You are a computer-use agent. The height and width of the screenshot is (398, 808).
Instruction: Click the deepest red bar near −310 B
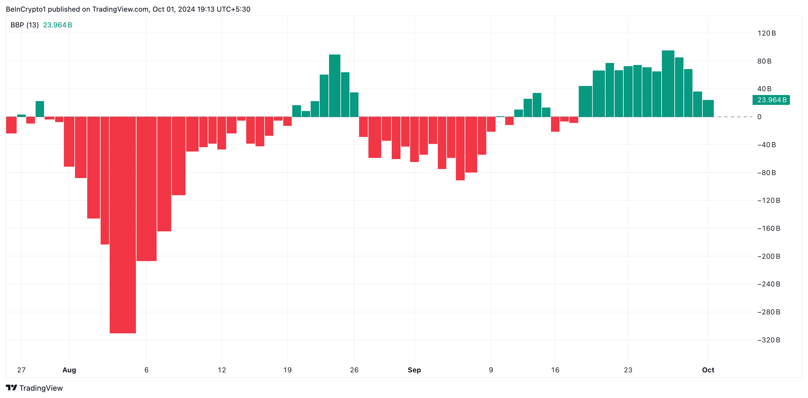pos(123,224)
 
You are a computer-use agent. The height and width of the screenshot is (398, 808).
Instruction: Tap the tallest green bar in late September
pos(668,84)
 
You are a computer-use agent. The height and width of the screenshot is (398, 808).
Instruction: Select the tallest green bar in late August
pos(334,86)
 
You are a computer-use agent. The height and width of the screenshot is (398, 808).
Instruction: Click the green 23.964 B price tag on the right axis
pos(771,100)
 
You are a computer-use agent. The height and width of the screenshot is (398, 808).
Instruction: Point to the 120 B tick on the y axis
pos(766,33)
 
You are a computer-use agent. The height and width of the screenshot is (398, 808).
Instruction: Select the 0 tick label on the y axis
pos(759,117)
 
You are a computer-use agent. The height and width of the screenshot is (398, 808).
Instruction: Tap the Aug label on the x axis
pos(69,370)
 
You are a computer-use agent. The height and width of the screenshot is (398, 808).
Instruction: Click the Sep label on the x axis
pos(414,370)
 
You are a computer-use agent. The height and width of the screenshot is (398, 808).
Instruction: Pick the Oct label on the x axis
pos(708,370)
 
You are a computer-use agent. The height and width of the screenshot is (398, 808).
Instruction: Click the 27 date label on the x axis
pos(21,370)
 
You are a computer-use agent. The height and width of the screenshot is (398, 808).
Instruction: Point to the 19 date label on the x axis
pos(287,370)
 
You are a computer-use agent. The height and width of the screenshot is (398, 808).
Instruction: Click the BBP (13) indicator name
pos(25,25)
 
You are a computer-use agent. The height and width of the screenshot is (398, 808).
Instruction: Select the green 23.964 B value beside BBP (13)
pos(57,25)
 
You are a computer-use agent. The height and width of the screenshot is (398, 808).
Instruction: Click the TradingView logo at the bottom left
pos(34,388)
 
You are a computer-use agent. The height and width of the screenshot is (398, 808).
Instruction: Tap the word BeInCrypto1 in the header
pos(26,9)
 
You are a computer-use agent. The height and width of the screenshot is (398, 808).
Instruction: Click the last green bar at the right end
pos(708,108)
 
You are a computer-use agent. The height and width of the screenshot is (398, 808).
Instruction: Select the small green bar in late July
pos(40,109)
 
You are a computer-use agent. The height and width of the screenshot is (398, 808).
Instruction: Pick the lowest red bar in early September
pos(460,149)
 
